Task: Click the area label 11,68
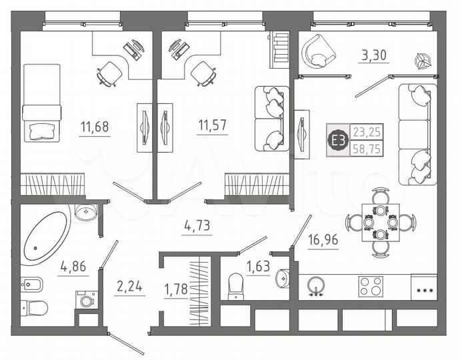tap(93, 125)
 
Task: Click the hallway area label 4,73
tap(197, 226)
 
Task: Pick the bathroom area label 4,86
tap(73, 267)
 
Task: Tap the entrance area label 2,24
tap(130, 287)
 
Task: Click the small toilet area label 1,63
tap(258, 267)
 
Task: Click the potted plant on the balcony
tap(421, 61)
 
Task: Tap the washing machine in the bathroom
tap(86, 300)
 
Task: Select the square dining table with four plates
tap(380, 222)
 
